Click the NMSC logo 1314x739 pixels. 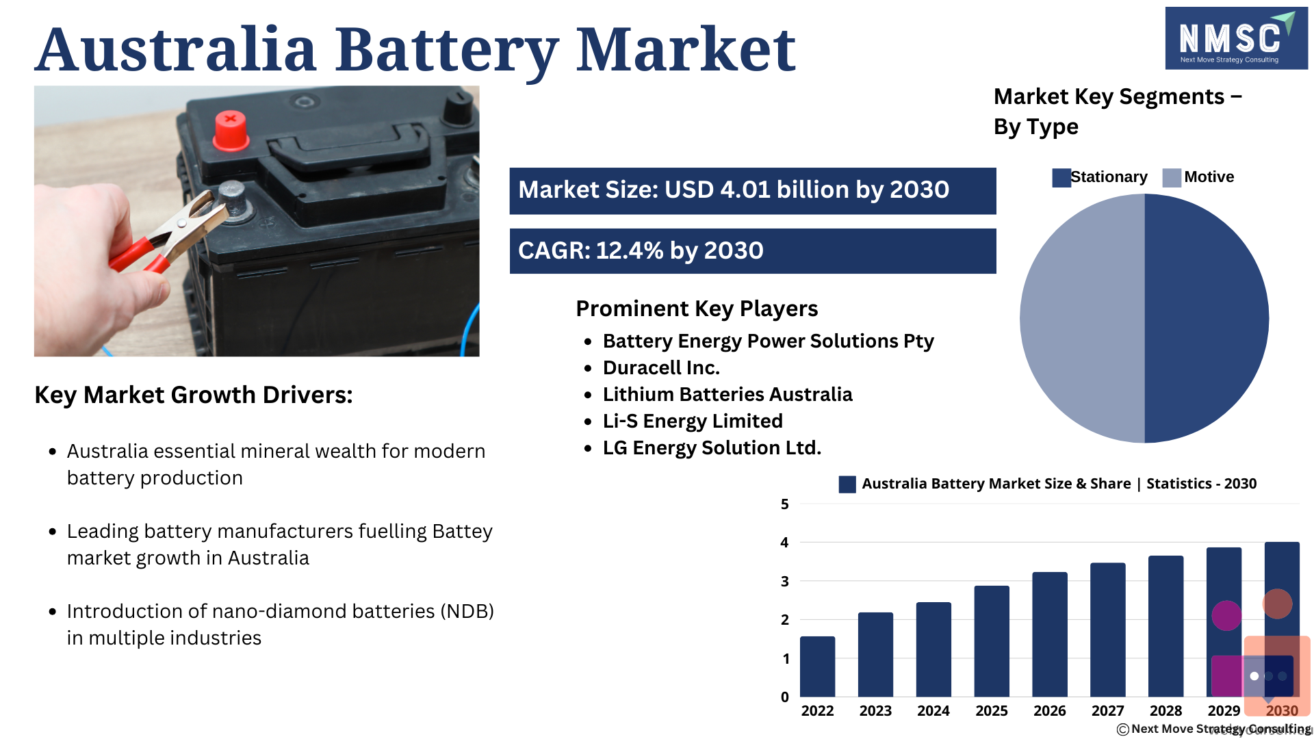tap(1236, 38)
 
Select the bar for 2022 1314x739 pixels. tap(817, 666)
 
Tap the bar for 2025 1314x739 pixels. tap(992, 641)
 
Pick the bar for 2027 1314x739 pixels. tap(1108, 630)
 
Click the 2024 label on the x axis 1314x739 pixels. tap(933, 711)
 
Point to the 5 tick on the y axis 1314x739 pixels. tap(785, 504)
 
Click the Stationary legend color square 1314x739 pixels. tap(1061, 178)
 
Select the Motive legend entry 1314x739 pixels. tap(1198, 177)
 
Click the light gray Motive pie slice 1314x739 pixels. tap(1082, 318)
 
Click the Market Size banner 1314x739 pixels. tap(753, 191)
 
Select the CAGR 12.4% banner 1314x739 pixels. tap(753, 251)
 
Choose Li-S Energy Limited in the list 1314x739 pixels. tap(693, 422)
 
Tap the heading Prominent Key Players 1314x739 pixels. tap(697, 309)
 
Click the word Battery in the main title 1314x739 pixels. tap(446, 51)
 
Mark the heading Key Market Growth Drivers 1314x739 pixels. tap(194, 395)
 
